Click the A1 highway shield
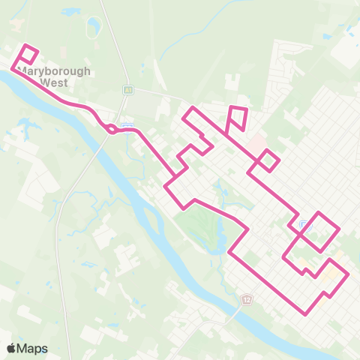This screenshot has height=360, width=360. [x=128, y=90]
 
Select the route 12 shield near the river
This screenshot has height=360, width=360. [x=247, y=298]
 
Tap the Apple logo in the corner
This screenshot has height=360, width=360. [x=12, y=348]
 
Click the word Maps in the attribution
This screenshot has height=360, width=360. [x=32, y=348]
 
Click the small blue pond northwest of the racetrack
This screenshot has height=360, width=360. [x=73, y=13]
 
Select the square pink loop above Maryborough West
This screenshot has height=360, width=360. [x=27, y=55]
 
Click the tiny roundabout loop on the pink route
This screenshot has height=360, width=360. [x=111, y=129]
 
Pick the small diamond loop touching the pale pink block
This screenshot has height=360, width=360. [x=268, y=160]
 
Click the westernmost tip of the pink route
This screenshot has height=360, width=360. [x=12, y=69]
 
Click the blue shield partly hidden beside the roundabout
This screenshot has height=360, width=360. [x=127, y=124]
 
